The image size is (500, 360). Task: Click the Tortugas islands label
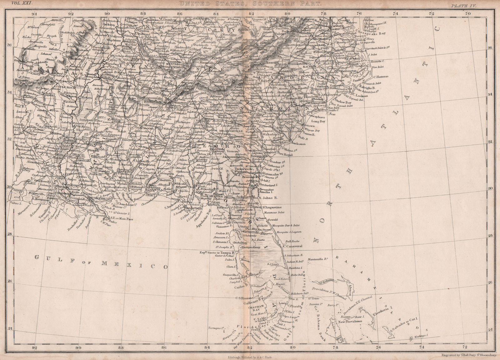pyautogui.click(x=218, y=328)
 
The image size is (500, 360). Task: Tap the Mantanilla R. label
pyautogui.click(x=317, y=259)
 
